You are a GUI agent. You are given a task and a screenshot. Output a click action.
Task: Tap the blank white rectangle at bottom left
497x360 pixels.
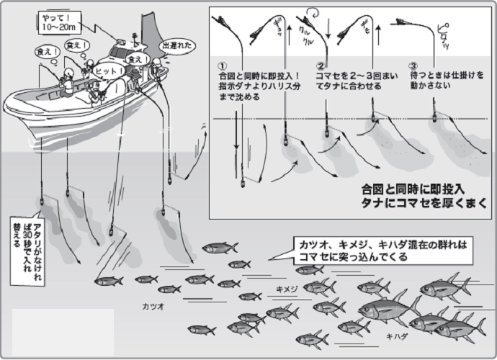(x=63, y=328)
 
